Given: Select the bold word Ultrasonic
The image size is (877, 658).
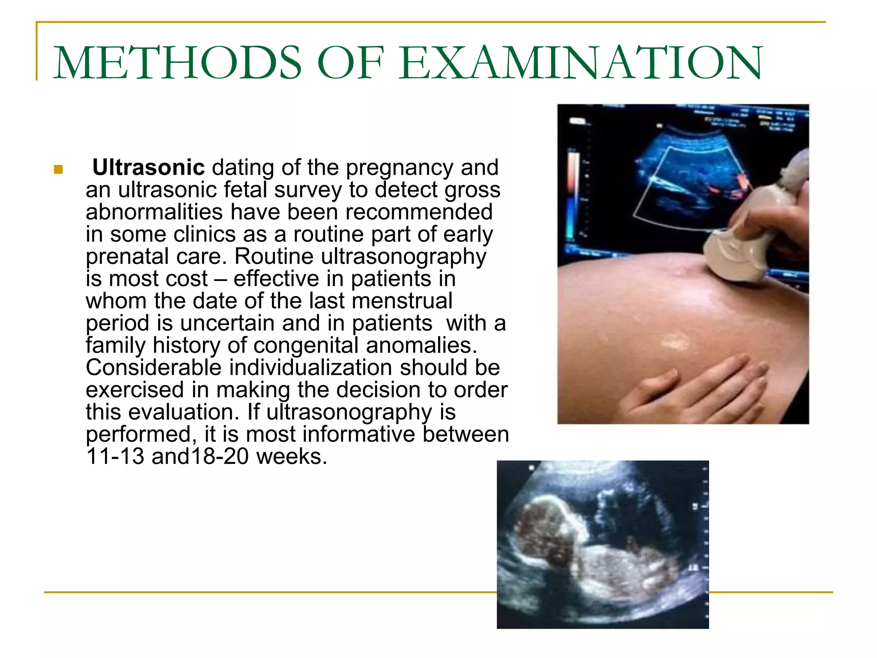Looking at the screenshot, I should click(x=149, y=167).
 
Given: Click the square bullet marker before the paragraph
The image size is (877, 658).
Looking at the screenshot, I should click(x=58, y=169).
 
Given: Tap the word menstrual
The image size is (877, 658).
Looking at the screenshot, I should click(x=402, y=301).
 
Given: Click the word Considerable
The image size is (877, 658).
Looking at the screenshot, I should click(x=153, y=368).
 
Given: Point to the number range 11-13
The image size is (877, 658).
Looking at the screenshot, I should click(x=115, y=457).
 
